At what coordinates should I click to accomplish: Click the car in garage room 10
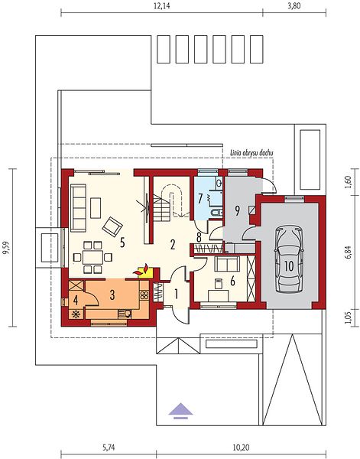click(288, 259)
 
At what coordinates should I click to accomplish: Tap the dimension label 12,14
click(162, 6)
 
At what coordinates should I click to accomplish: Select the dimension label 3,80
click(294, 6)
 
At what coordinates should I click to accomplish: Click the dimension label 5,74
click(109, 448)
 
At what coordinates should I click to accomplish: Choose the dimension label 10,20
click(242, 448)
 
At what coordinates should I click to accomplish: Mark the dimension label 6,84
click(349, 252)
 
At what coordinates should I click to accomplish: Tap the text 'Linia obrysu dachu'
click(251, 153)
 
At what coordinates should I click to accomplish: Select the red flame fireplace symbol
click(141, 270)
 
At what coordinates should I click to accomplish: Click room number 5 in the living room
click(122, 243)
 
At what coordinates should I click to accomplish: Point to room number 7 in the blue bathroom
click(200, 199)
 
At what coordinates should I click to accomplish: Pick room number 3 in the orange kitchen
click(112, 295)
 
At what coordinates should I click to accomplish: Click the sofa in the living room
click(78, 208)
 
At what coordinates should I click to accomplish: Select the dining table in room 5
click(92, 257)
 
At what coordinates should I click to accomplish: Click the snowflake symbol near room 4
click(76, 314)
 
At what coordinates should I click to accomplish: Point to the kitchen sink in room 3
click(125, 314)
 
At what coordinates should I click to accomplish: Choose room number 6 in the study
click(232, 281)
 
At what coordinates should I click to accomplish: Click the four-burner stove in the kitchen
click(144, 295)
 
